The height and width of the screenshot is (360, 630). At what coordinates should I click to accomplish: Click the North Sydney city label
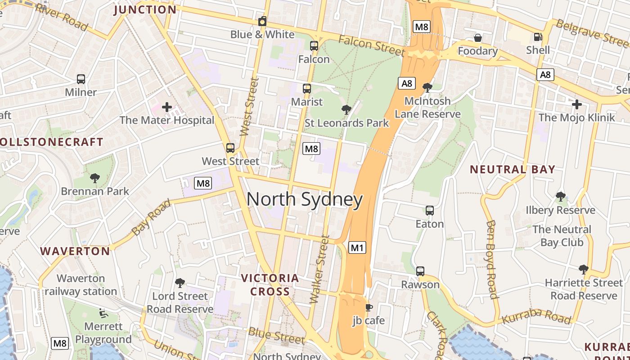(305, 200)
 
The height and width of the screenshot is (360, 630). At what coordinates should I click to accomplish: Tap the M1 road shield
(357, 247)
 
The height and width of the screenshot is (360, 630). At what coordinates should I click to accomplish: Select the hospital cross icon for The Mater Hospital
(167, 107)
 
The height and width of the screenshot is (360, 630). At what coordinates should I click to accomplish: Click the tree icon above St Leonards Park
(346, 109)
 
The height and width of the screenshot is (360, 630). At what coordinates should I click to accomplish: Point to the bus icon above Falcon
(314, 45)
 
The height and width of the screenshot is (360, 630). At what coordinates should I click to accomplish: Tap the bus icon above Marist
(307, 88)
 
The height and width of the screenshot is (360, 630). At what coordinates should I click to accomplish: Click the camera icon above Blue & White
(262, 21)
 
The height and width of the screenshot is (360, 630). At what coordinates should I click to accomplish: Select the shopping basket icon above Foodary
(477, 38)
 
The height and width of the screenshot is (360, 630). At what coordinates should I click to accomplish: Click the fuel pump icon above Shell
(538, 36)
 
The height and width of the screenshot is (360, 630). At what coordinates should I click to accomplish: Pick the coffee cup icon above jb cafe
(369, 307)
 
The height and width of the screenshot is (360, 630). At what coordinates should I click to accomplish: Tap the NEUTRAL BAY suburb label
(513, 170)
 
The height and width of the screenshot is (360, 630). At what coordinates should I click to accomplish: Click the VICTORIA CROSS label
(270, 285)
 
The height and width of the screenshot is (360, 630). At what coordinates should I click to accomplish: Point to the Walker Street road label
(320, 270)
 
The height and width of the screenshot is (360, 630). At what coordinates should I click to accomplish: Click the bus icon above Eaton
(429, 210)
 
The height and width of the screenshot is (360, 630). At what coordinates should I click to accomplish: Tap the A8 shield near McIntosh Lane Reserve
(406, 83)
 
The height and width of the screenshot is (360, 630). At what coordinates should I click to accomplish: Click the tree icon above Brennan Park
(94, 178)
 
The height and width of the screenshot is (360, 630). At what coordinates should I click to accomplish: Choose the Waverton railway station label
(81, 285)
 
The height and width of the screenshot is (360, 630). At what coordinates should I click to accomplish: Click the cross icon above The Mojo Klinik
(576, 104)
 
